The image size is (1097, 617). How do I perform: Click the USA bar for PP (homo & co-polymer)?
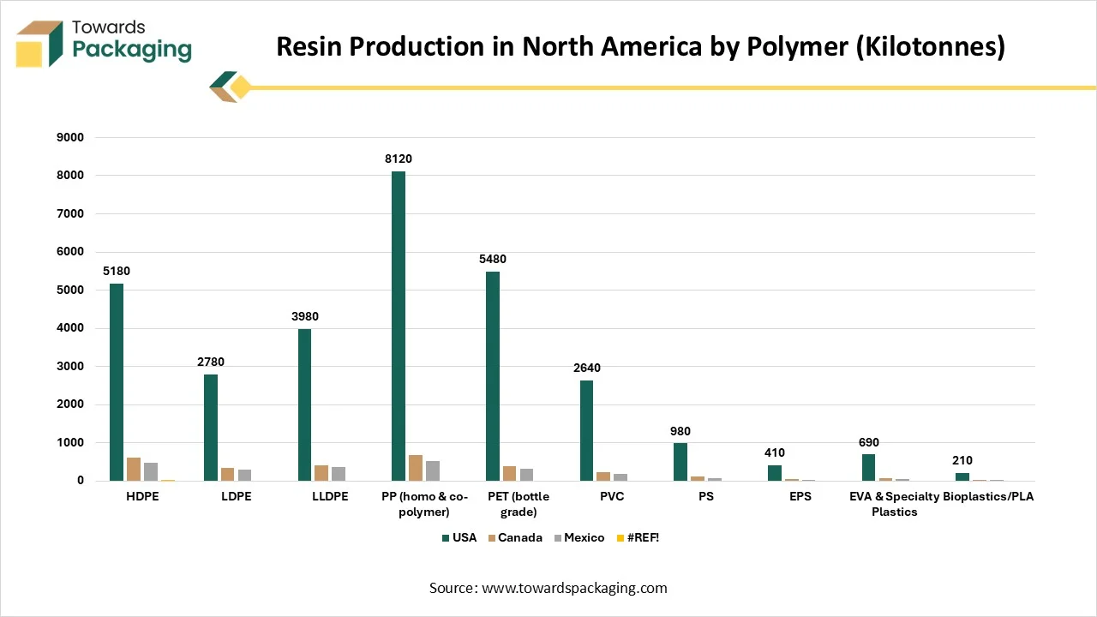pos(399,326)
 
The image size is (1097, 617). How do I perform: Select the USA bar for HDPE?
pos(117,382)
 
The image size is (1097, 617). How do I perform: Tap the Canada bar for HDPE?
pos(134,470)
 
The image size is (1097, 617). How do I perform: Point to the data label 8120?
pos(399,159)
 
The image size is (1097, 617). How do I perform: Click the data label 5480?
pos(493,260)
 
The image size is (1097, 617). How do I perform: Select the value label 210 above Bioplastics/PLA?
pos(962,461)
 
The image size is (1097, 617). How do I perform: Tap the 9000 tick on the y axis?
pos(69,137)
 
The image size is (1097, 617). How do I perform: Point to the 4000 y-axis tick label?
pos(69,328)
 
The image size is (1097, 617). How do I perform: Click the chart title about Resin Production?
pos(640,46)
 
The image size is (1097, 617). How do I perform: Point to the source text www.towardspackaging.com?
pos(548,588)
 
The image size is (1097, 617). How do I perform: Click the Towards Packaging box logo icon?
pos(39,43)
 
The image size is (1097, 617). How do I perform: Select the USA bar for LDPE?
pos(211,428)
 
